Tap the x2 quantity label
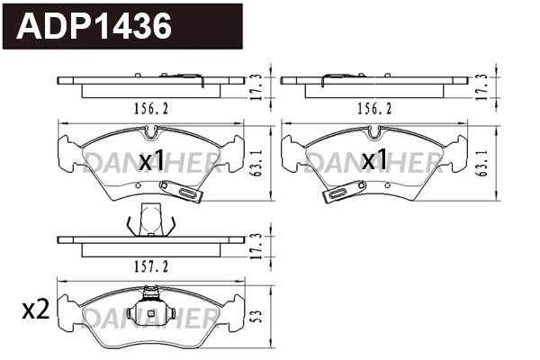click(34, 311)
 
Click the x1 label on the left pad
click(150, 161)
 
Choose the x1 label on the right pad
click(375, 161)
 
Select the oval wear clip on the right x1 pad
click(341, 193)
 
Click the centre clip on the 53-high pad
click(150, 297)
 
